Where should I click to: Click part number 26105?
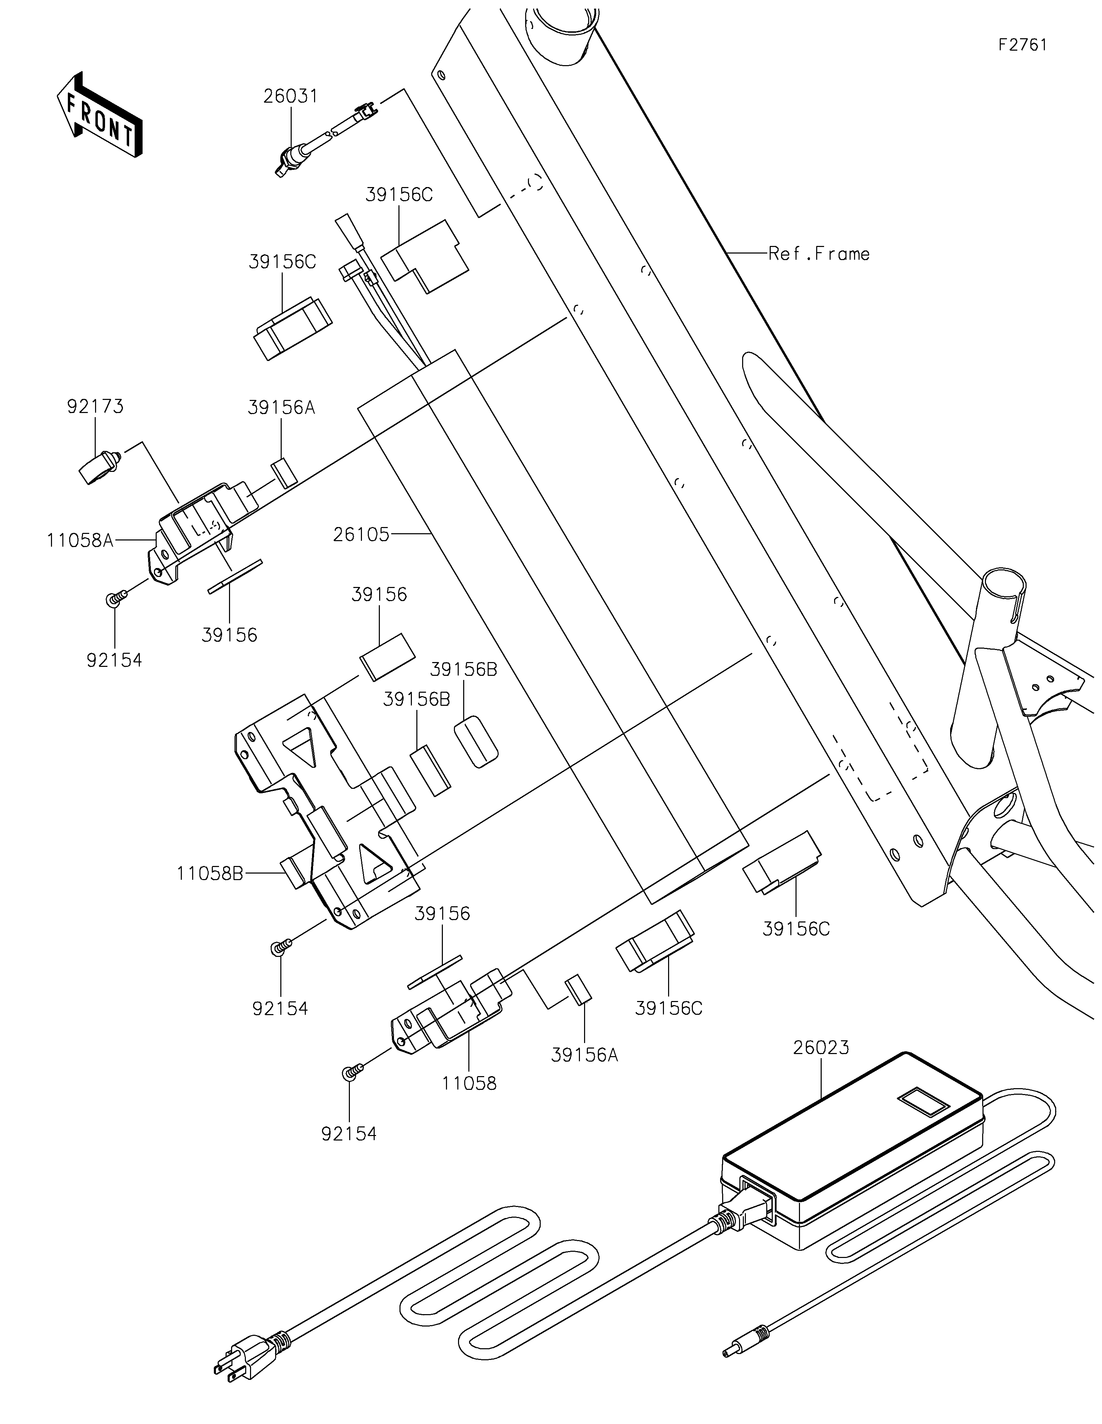[x=361, y=535]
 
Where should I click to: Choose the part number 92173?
[x=95, y=406]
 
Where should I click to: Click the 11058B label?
[x=210, y=873]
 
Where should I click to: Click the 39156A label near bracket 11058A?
[x=282, y=407]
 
